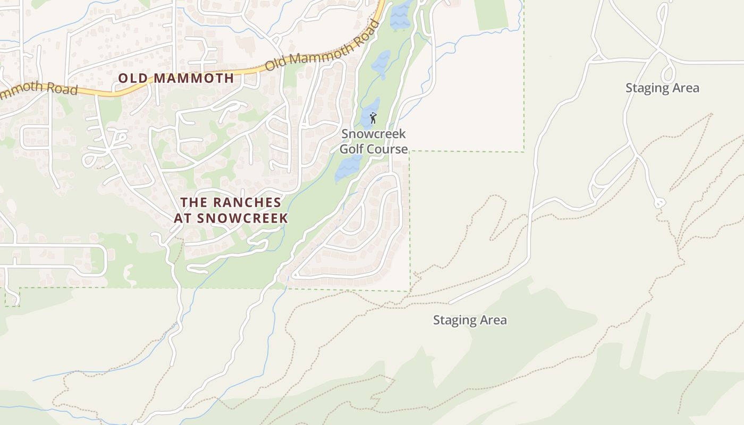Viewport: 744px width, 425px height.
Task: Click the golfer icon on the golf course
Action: point(373,118)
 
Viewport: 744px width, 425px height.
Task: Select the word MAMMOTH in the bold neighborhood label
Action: point(193,78)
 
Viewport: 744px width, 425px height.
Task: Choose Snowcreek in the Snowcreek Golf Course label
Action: point(374,134)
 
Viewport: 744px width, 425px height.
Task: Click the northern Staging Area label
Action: point(662,88)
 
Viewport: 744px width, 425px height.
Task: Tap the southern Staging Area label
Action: point(470,320)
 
